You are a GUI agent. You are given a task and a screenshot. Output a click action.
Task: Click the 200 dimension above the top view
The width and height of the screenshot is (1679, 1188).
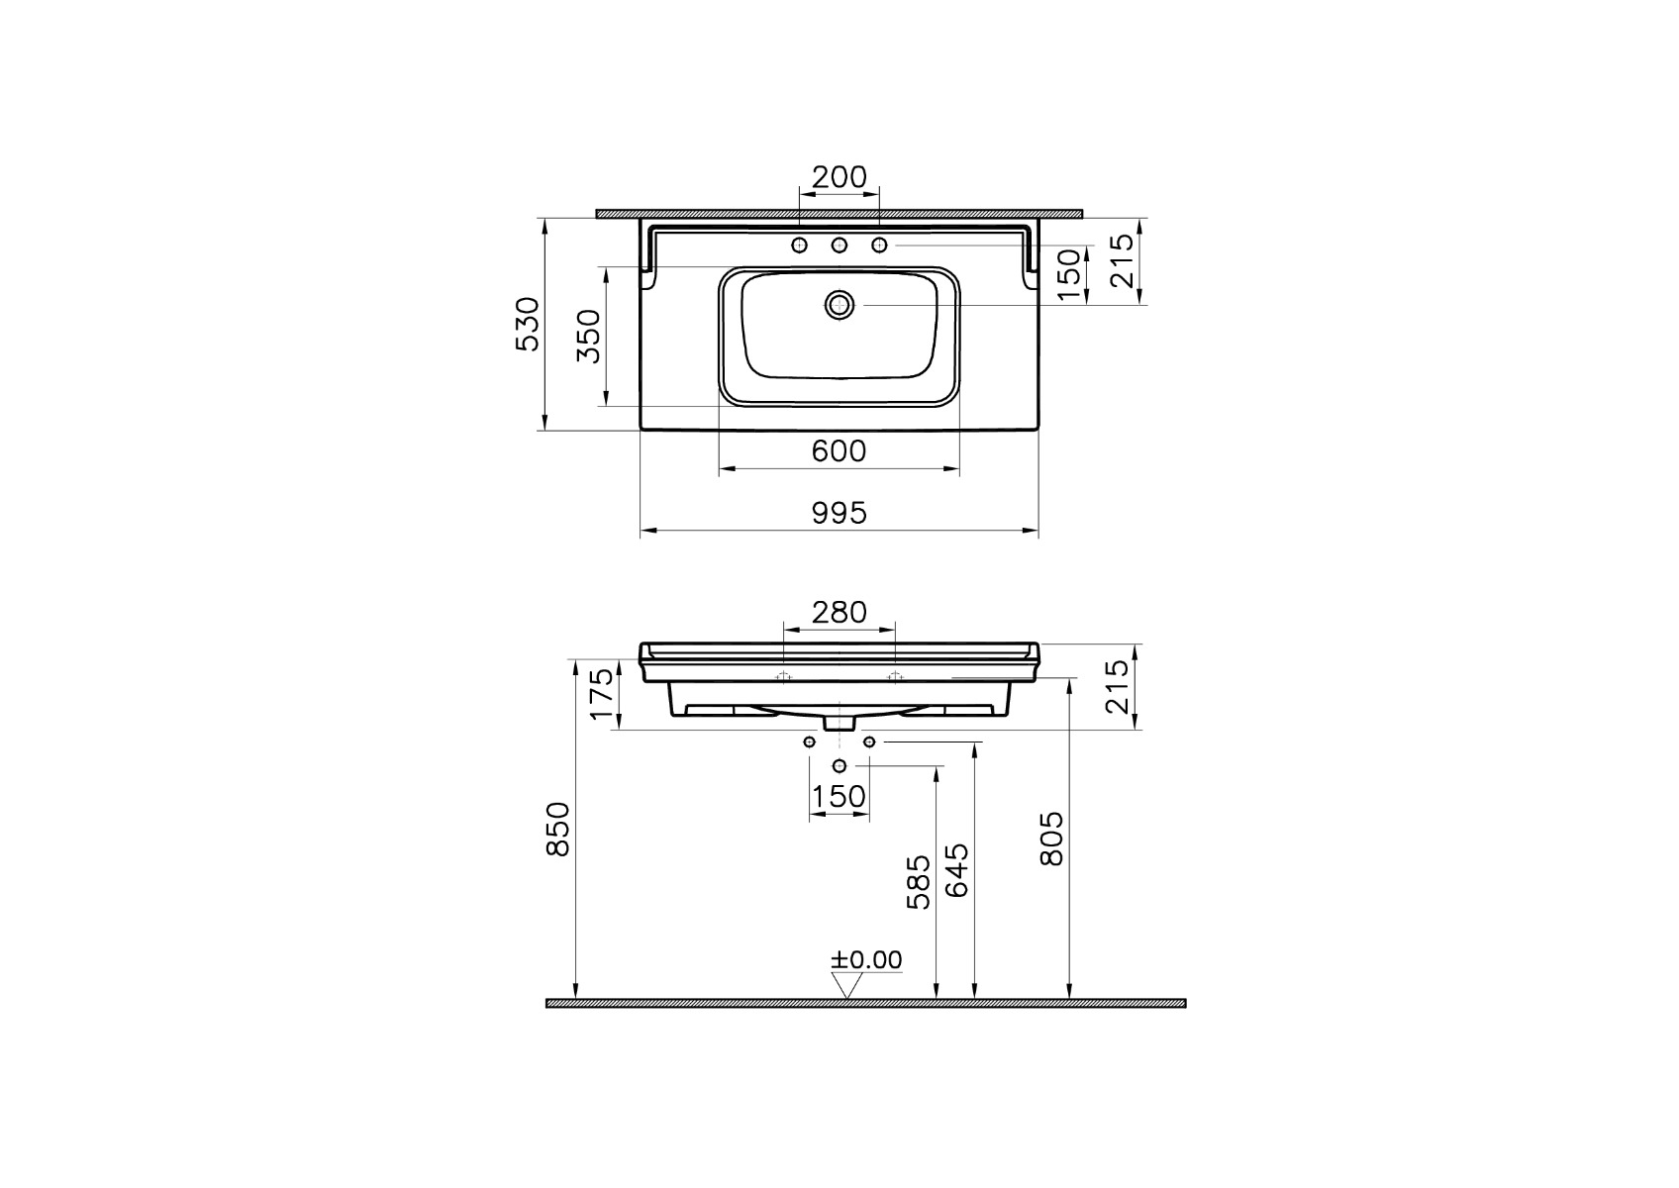839,177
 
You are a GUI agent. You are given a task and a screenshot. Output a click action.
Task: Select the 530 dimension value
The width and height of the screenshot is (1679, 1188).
528,324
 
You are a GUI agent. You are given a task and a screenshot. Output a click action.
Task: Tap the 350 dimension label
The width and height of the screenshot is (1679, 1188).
589,336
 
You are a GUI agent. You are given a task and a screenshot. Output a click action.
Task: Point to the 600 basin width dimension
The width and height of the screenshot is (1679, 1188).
839,451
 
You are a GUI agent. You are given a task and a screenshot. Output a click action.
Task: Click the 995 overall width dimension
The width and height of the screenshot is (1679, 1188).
839,514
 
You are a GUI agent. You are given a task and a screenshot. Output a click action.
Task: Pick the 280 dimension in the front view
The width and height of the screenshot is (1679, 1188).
839,613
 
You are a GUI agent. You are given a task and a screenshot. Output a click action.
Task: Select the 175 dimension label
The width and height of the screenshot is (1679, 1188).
603,694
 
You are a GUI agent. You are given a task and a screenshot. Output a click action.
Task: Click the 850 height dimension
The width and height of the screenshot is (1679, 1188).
558,829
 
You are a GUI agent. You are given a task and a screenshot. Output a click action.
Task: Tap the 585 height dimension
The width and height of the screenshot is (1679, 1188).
919,883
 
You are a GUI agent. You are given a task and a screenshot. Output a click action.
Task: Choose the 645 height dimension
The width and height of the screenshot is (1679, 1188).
956,870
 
